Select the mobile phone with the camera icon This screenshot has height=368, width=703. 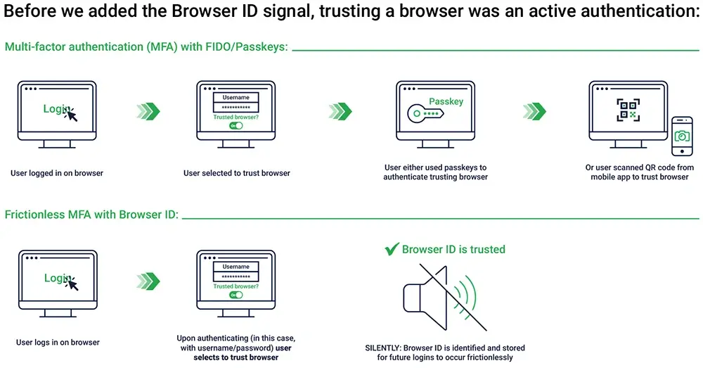click(x=681, y=137)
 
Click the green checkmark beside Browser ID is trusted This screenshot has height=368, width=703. click(x=392, y=249)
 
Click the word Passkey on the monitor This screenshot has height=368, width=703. click(x=446, y=101)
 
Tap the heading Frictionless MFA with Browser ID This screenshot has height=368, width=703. click(x=91, y=215)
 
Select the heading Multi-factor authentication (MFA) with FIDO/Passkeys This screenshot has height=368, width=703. click(x=146, y=47)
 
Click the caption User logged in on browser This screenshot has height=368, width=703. click(x=57, y=173)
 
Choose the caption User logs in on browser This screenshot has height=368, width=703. click(x=58, y=343)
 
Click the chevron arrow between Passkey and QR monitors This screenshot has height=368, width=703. click(x=534, y=111)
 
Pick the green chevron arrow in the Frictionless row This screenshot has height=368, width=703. click(x=148, y=281)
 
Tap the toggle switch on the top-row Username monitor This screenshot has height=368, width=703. click(x=236, y=125)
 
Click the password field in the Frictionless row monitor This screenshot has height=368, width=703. click(x=236, y=277)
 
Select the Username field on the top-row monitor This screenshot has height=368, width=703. click(x=236, y=98)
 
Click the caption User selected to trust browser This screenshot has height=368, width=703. click(x=236, y=173)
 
